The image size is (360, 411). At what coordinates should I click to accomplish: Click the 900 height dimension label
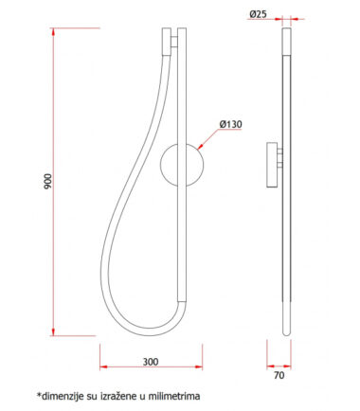pyautogui.click(x=48, y=182)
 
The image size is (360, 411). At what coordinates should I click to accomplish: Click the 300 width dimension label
pyautogui.click(x=151, y=362)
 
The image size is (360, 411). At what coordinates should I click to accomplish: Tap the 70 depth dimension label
pyautogui.click(x=279, y=376)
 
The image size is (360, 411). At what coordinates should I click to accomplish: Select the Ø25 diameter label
pyautogui.click(x=258, y=14)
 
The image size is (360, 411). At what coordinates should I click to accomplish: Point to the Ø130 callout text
pyautogui.click(x=231, y=124)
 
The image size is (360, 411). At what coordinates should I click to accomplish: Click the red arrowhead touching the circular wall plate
pyautogui.click(x=200, y=147)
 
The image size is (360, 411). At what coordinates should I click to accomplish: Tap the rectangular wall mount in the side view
pyautogui.click(x=272, y=165)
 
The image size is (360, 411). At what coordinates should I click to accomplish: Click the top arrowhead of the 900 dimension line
pyautogui.click(x=53, y=31)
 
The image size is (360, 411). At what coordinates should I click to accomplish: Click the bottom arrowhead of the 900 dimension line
pyautogui.click(x=53, y=332)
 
